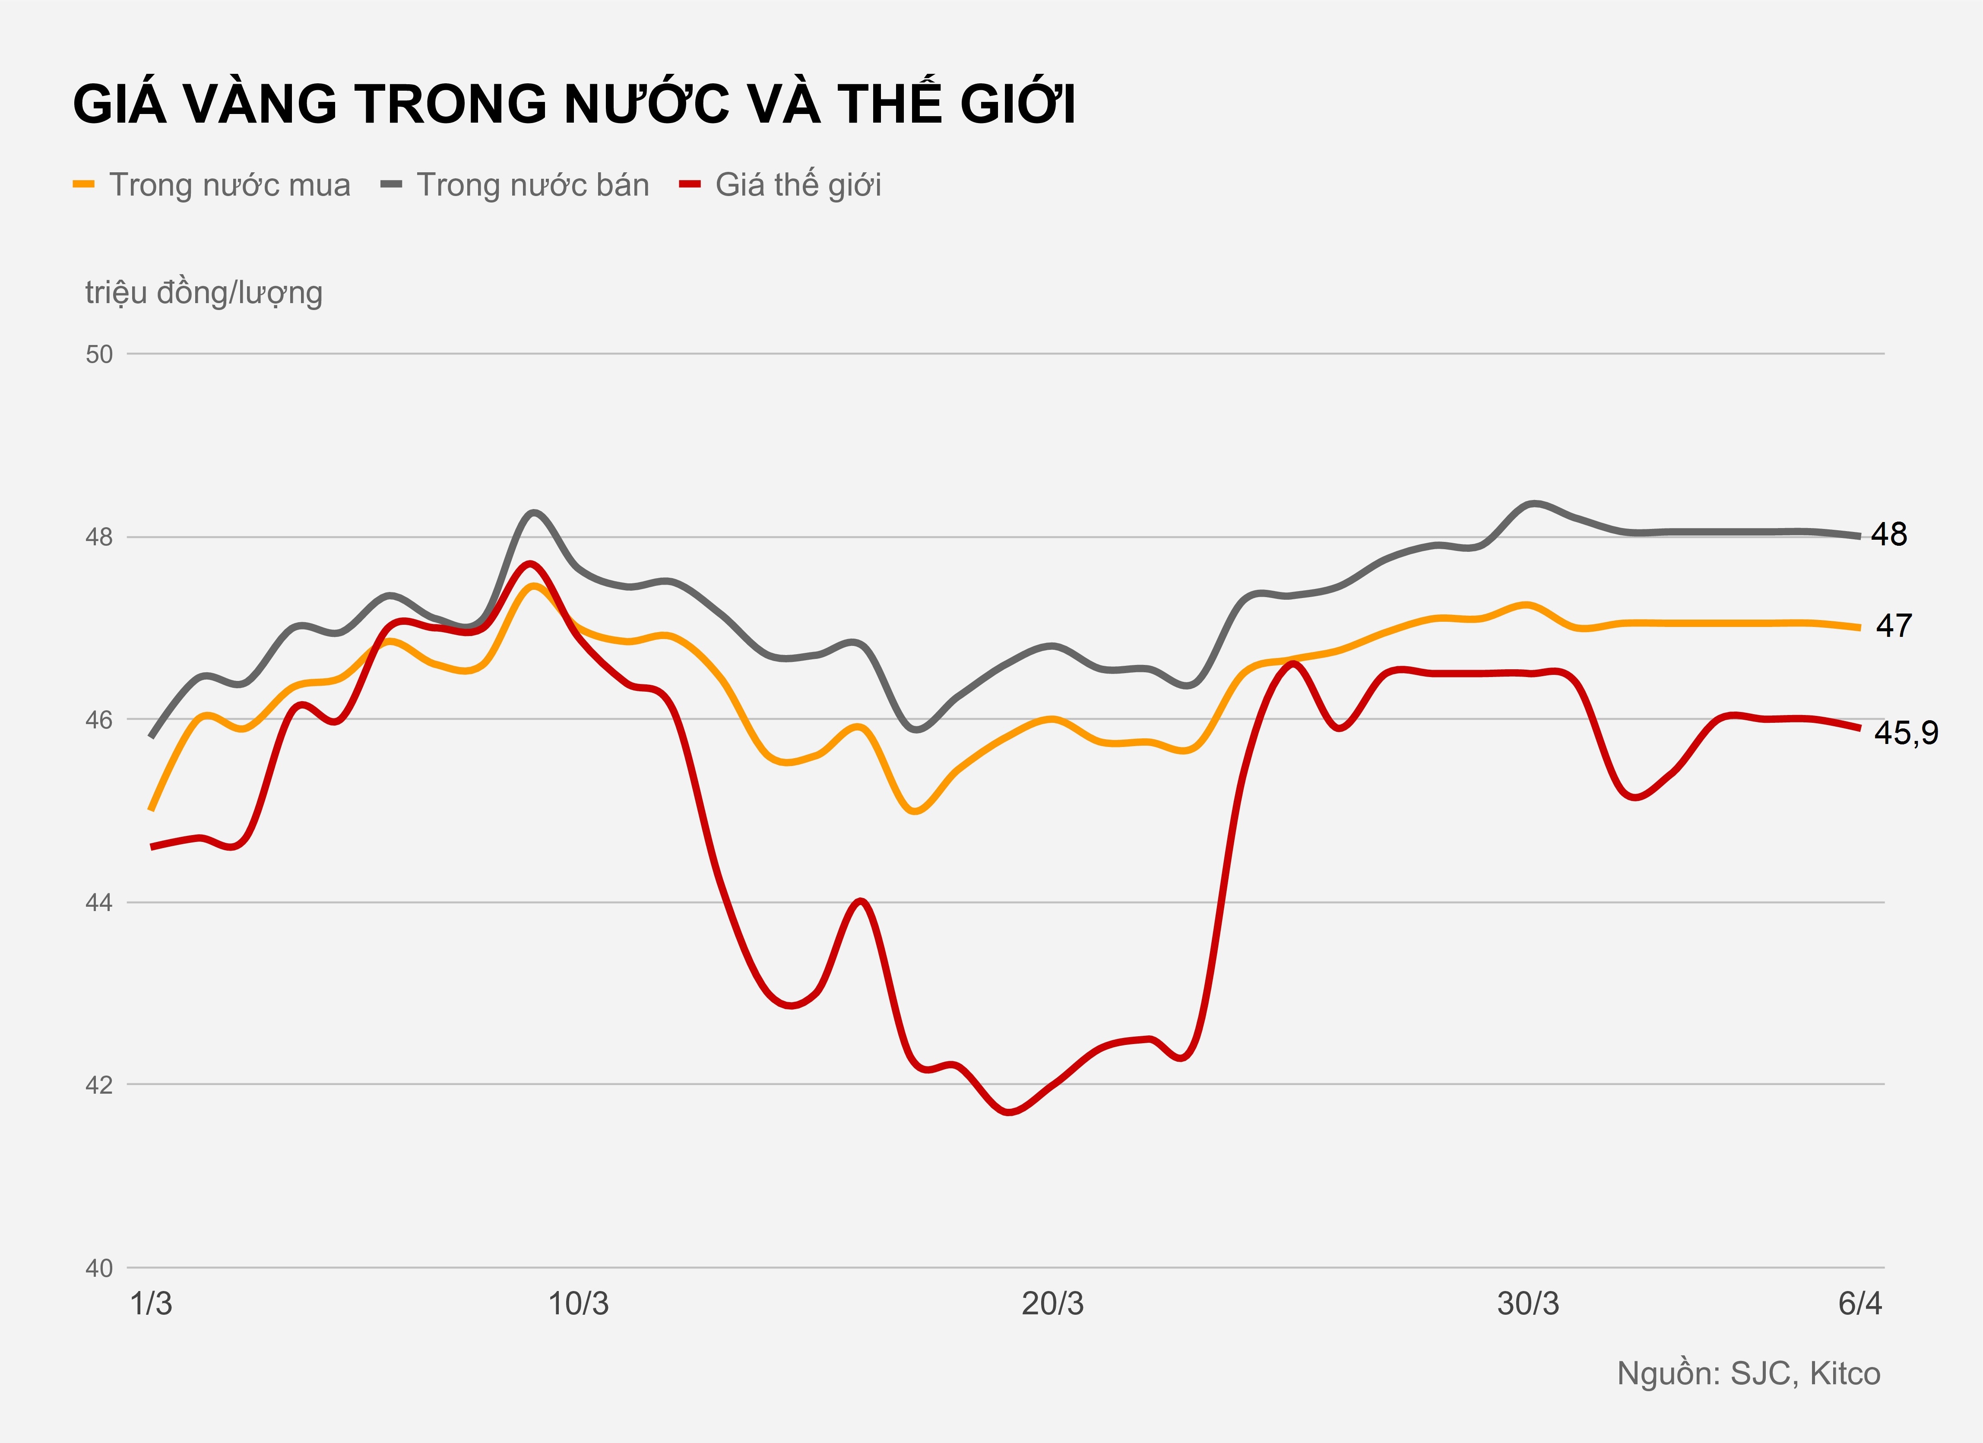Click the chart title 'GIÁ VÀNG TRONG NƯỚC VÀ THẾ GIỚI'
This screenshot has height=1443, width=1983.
573,104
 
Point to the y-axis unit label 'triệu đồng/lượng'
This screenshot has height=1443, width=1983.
204,293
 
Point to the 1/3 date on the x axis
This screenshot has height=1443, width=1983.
151,1304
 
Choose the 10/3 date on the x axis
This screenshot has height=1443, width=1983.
578,1304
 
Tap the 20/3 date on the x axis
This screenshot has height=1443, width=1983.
1053,1304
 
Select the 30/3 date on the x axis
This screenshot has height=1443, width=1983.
1527,1304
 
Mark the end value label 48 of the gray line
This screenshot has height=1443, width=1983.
1888,534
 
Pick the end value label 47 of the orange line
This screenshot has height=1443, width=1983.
1894,626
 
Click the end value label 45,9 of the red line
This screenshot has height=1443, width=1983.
1906,732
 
